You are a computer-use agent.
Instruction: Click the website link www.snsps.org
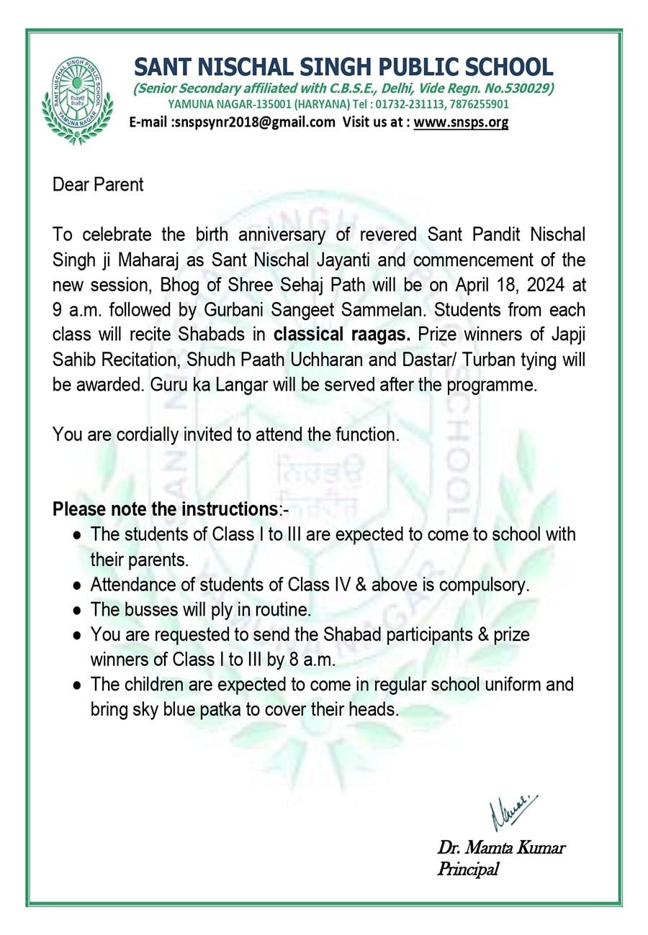click(461, 122)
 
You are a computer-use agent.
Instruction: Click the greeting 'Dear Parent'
click(98, 185)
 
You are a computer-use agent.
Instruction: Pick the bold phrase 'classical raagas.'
click(343, 334)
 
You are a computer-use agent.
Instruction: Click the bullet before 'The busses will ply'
click(76, 611)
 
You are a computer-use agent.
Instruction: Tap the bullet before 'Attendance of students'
click(76, 585)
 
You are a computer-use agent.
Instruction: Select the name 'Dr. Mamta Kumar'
click(501, 847)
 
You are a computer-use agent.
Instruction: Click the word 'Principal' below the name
click(468, 870)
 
